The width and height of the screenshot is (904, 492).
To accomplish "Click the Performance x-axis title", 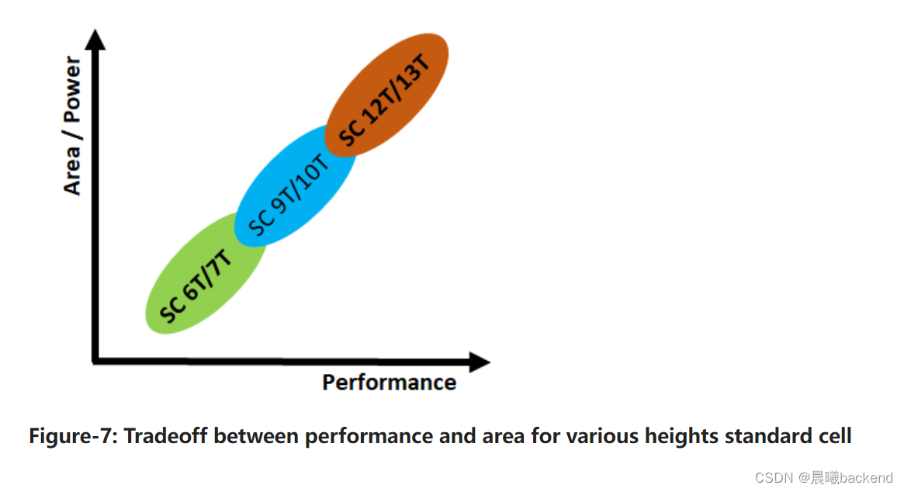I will [389, 383].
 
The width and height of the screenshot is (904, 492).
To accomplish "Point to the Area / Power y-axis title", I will [72, 126].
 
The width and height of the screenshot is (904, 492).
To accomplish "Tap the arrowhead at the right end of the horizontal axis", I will [479, 362].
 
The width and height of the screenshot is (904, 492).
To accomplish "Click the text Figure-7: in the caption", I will [74, 436].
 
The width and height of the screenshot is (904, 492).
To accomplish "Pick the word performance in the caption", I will [369, 436].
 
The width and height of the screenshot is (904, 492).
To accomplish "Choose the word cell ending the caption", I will [834, 436].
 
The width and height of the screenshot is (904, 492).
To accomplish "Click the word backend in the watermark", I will [866, 478].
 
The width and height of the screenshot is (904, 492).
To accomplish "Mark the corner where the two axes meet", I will [95, 361].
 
